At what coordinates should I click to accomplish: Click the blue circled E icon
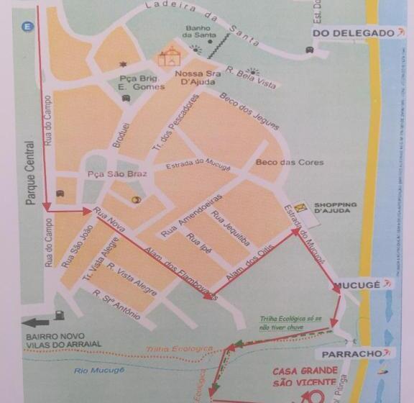tap(28, 27)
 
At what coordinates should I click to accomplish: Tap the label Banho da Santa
tap(197, 32)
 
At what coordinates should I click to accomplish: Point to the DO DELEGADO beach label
tap(351, 33)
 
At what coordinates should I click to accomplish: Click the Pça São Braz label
tap(107, 175)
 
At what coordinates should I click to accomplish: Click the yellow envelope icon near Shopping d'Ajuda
tap(300, 207)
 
